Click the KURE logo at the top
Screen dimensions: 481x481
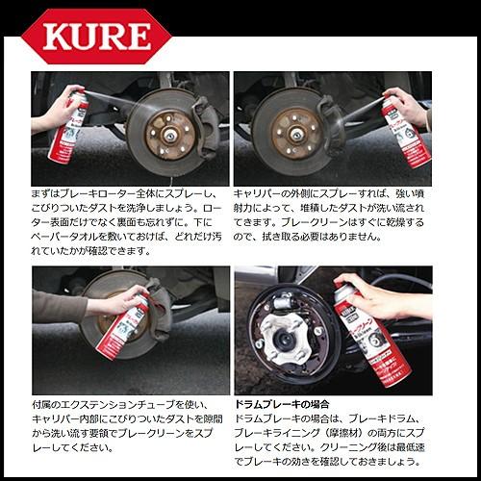pos(96,37)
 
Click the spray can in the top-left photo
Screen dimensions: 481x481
pos(68,128)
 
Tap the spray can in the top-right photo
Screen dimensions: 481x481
pos(407,132)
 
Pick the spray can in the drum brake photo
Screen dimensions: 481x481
pos(372,334)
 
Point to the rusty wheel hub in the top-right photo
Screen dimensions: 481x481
pos(296,134)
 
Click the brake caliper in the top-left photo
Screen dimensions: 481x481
pos(205,128)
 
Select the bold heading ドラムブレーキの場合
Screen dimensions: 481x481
pos(282,404)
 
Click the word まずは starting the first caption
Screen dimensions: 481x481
pos(45,194)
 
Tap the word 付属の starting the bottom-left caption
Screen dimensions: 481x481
pos(46,405)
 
